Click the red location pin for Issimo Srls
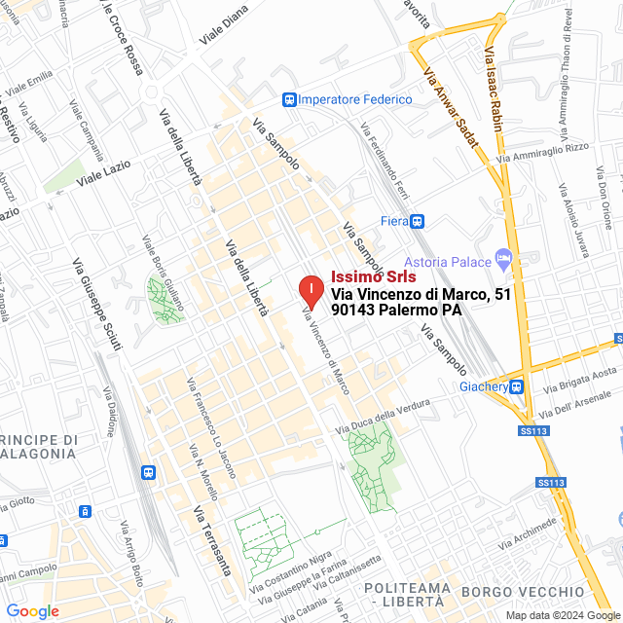coord(310,290)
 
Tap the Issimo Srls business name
coord(374,276)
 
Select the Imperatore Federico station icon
coord(289,99)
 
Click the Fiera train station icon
coord(417,221)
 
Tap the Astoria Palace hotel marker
coord(503,260)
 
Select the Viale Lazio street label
coord(103,173)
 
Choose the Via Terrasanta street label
coord(211,540)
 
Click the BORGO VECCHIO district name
coord(522,592)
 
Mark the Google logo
coord(32,611)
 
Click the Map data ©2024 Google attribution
coord(563,614)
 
